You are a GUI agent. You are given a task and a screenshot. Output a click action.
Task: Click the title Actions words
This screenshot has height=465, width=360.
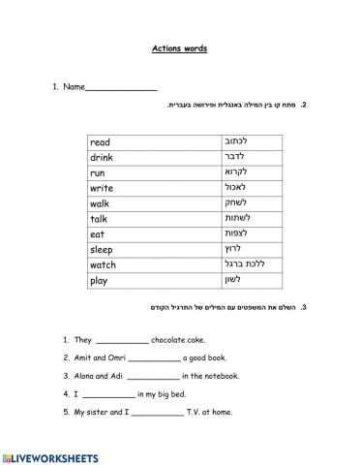(179, 48)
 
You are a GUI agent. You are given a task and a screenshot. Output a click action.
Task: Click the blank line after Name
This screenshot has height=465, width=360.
(121, 89)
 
